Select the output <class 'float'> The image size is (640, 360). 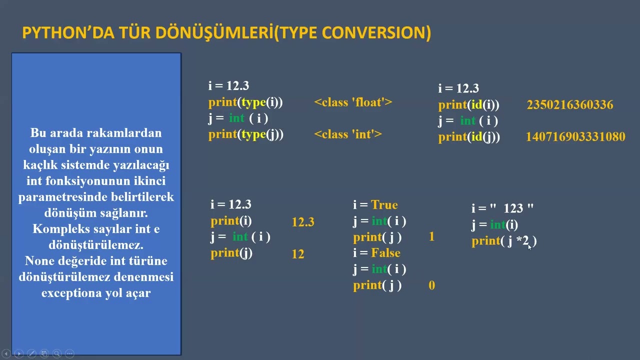tap(353, 102)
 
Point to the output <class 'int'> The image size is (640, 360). tap(348, 134)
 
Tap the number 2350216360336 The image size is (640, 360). tap(569, 105)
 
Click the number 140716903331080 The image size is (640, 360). tap(575, 137)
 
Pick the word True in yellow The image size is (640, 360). tap(384, 205)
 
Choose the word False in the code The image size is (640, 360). tap(385, 253)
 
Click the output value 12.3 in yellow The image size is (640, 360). tap(303, 222)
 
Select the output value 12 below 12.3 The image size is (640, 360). tap(298, 254)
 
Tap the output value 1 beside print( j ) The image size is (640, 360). tap(431, 237)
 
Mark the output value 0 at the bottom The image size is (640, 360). tap(431, 285)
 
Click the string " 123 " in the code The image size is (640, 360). tap(511, 208)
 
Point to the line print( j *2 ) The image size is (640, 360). tap(503, 241)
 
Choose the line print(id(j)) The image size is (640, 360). tap(469, 137)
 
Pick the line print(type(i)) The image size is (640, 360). tap(245, 102)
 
